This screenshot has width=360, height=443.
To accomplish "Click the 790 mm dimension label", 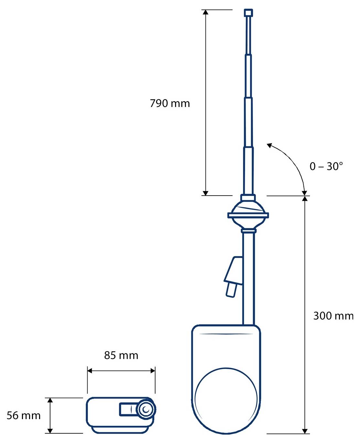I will coord(170,103).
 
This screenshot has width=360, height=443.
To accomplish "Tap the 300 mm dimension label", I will coord(333,316).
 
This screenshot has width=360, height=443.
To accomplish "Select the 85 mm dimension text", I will coord(121,355).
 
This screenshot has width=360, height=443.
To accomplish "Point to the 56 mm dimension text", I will coord(24,416).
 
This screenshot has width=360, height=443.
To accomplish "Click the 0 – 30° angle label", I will coord(326,166).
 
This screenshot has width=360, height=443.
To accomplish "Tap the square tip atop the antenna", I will coord(248,13).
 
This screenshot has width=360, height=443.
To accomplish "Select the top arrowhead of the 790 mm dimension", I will coord(205,12).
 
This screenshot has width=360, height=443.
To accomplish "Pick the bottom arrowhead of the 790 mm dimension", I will coord(205,193).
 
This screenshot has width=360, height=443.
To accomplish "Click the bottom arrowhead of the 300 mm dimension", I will coord(305,431).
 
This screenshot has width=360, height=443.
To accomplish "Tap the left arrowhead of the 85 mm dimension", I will coord(90,371).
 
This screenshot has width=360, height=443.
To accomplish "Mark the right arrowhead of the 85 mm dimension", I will coord(153,371).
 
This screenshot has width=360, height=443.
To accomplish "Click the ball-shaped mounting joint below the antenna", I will coord(248,215).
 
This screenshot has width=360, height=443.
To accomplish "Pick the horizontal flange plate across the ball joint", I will coord(248,215).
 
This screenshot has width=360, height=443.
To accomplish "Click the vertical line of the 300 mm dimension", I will coord(305,291).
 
